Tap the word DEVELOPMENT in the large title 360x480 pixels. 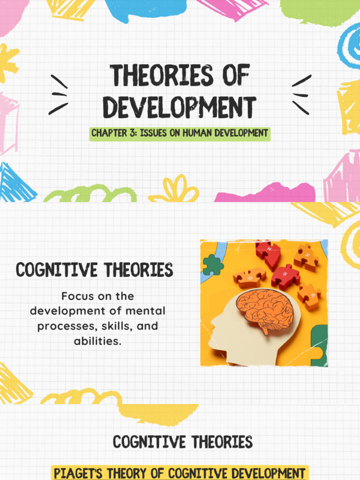(180, 107)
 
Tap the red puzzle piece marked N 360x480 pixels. (268, 253)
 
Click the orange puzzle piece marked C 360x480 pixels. (249, 277)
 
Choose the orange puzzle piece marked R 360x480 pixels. (309, 296)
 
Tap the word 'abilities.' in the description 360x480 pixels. (97, 341)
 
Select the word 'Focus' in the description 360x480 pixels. (78, 296)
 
